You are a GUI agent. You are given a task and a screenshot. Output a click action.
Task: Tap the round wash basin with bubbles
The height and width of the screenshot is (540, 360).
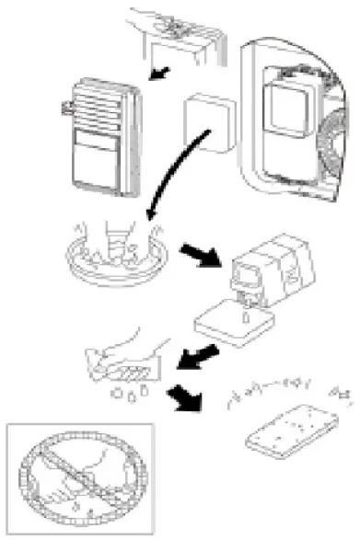tap(117, 257)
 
